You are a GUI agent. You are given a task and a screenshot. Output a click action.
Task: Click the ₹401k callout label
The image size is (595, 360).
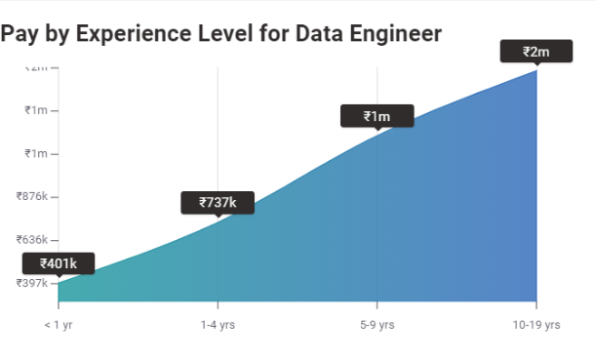59,263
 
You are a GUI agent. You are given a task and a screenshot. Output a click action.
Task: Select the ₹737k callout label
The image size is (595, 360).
218,203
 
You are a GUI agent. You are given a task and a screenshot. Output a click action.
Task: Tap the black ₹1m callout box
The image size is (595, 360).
377,117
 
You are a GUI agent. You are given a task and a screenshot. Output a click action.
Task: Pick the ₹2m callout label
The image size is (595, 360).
535,52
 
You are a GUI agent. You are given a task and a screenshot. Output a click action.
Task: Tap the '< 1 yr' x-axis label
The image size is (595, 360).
59,324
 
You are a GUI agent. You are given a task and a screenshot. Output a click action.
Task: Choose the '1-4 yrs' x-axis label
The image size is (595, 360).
218,324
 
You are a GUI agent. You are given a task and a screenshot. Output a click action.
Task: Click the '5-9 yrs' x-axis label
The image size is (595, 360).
377,324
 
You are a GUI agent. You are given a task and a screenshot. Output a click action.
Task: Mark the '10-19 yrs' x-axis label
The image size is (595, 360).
536,324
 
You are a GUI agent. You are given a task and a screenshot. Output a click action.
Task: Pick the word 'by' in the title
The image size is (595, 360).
58,34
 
